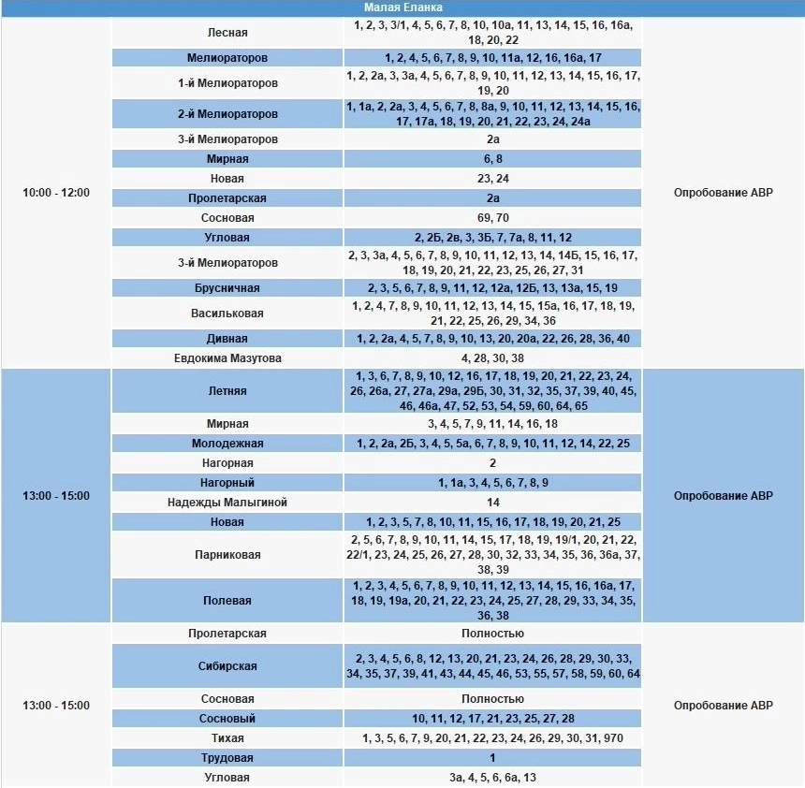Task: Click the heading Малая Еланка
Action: [402, 7]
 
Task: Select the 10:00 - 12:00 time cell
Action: [56, 193]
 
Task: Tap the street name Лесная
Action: [227, 33]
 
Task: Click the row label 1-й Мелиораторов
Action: [227, 83]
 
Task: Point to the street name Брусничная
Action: [227, 288]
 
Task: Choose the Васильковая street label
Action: [227, 314]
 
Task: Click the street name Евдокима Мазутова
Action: [227, 358]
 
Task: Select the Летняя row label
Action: [227, 391]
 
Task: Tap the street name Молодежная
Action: [227, 444]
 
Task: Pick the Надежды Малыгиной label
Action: [227, 503]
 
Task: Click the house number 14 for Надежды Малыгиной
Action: [492, 503]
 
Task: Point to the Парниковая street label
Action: [227, 555]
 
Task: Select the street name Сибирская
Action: [227, 666]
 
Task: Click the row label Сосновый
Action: [227, 719]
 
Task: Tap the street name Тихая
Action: [227, 738]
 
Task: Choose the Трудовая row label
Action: [227, 758]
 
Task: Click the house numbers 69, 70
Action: [492, 218]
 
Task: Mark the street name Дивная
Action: [227, 339]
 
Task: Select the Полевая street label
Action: [227, 601]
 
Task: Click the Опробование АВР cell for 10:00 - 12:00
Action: [724, 193]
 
